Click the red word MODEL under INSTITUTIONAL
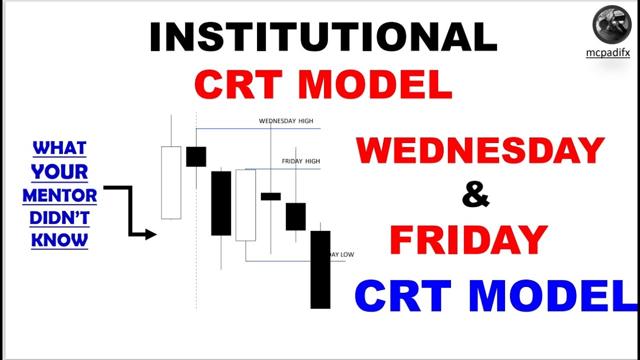click(375, 84)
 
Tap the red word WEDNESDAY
click(480, 150)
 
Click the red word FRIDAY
click(468, 240)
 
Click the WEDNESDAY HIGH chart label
click(286, 121)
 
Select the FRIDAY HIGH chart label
click(300, 161)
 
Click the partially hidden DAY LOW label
click(342, 254)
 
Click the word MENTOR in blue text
click(60, 195)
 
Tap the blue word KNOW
click(59, 240)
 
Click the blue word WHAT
click(59, 148)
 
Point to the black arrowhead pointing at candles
click(151, 234)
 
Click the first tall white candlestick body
click(171, 182)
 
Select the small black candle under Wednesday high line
click(196, 156)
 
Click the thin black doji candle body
click(270, 196)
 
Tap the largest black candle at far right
click(320, 269)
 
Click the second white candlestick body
click(245, 205)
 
